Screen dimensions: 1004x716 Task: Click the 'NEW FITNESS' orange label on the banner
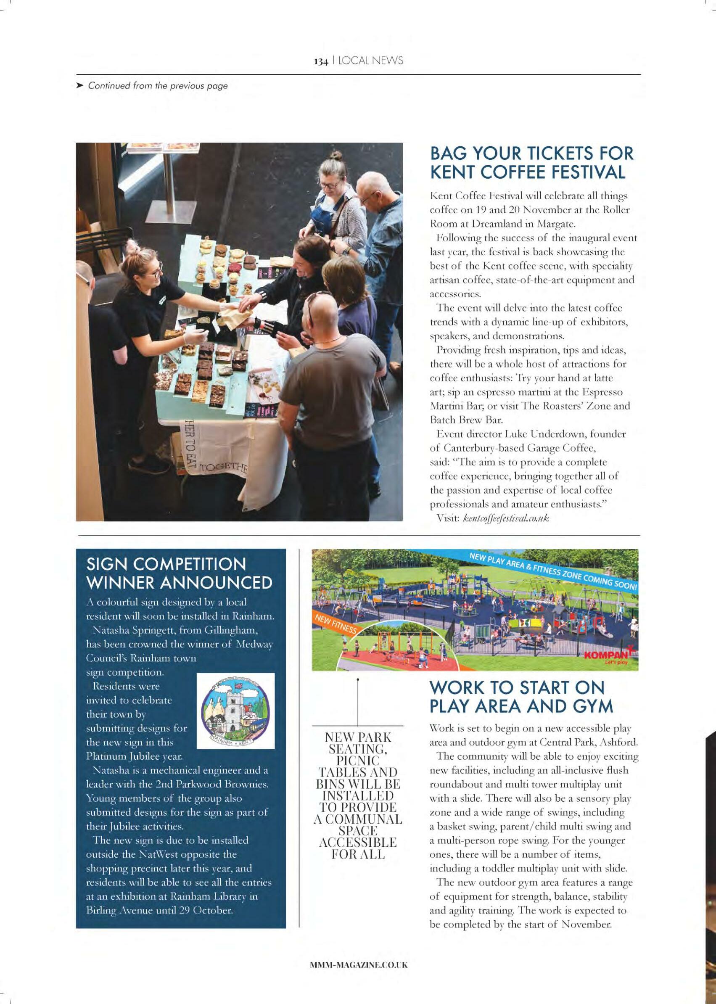coord(335,624)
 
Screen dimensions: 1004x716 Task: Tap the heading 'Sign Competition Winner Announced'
coord(179,573)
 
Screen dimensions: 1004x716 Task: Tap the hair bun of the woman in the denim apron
coord(337,155)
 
